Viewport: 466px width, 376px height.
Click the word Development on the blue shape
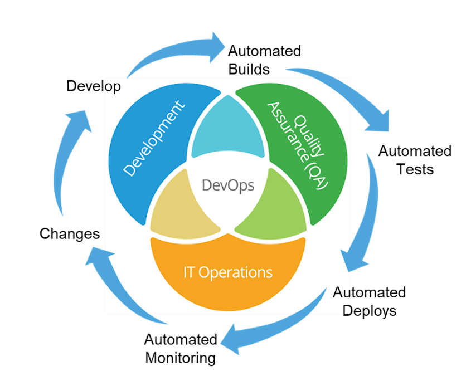(154, 139)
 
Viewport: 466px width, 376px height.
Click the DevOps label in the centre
(228, 185)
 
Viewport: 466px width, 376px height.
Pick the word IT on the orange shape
(190, 272)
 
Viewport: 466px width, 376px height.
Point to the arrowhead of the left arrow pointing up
(78, 119)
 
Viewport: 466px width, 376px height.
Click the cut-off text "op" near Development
(113, 87)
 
